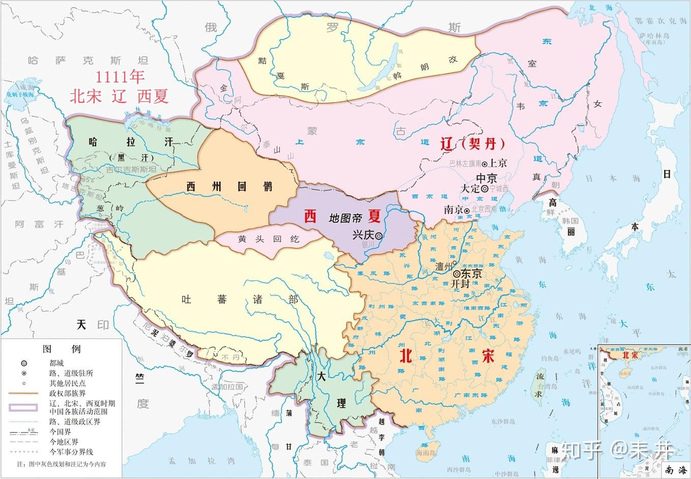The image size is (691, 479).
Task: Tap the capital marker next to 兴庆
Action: coord(379,236)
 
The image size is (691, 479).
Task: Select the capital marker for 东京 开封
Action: coord(456,273)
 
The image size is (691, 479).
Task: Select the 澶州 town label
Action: coord(444,266)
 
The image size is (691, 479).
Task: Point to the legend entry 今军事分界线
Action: coord(71,452)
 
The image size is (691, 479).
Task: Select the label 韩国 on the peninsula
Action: coord(570,221)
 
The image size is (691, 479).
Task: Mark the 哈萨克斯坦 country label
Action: coord(88,61)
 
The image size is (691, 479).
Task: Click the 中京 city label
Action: coord(486,178)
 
